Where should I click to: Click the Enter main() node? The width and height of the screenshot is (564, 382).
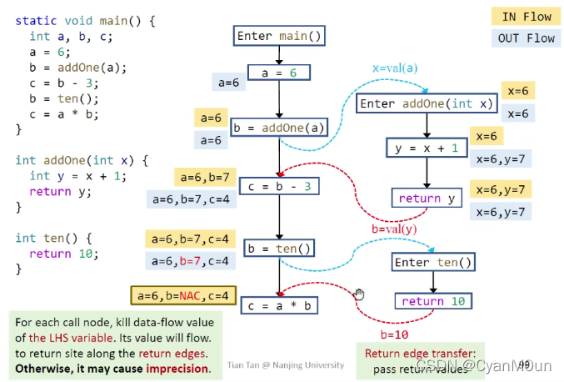278,36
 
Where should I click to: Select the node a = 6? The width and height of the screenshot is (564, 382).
279,73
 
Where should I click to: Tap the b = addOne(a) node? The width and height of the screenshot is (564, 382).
279,128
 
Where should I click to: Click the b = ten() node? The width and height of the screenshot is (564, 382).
279,248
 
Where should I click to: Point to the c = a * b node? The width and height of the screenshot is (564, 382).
279,305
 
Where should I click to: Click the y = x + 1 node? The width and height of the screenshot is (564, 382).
426,147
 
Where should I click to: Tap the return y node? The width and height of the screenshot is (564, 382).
426,198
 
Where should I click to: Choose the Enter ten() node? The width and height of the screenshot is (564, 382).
433,262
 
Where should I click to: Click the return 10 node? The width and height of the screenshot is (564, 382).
433,301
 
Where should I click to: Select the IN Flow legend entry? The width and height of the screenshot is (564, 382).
526,16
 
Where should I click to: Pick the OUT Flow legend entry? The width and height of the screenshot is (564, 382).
526,38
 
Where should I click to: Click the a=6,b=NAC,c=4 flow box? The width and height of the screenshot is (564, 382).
183,294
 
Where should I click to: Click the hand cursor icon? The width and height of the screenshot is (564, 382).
360,294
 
